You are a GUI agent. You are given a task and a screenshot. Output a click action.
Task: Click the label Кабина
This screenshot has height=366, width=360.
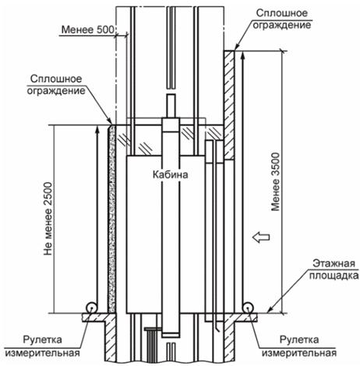click(x=170, y=174)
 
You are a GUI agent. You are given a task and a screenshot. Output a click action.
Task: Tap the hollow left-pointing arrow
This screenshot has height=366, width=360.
click(x=261, y=237)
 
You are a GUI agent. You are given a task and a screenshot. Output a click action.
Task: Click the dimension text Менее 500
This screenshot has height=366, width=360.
click(x=88, y=30)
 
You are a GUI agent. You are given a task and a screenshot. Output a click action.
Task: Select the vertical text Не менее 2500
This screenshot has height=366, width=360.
click(x=48, y=219)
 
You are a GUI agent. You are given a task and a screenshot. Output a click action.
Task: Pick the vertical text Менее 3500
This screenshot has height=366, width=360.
click(x=276, y=181)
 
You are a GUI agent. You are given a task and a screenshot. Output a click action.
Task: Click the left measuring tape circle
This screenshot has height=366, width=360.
click(x=92, y=308)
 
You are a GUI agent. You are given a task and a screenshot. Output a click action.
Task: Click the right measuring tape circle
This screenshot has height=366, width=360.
click(x=248, y=308)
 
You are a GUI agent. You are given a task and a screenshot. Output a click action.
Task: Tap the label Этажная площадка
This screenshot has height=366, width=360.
click(x=334, y=269)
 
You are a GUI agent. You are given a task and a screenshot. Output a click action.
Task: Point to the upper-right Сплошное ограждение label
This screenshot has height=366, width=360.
click(x=282, y=19)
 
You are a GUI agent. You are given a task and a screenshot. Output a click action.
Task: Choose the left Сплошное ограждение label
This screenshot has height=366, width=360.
click(x=56, y=85)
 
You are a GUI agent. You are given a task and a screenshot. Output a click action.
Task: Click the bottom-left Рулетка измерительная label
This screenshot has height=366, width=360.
click(x=42, y=346)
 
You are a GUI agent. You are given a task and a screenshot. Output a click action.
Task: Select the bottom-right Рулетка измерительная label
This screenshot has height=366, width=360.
click(x=299, y=346)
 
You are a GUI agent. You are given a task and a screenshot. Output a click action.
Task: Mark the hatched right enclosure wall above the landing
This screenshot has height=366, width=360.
click(x=229, y=104)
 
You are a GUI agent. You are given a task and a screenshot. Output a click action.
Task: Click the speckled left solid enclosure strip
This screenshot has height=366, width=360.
click(x=112, y=219)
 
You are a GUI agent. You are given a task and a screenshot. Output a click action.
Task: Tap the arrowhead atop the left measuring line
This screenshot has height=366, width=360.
click(x=97, y=129)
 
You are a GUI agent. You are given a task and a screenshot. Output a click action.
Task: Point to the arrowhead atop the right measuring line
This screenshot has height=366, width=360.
click(x=242, y=55)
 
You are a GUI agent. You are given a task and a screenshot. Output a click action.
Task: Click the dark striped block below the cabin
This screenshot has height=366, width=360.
click(x=151, y=345)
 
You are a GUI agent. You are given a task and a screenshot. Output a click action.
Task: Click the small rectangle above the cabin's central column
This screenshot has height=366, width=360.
click(x=171, y=106)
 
